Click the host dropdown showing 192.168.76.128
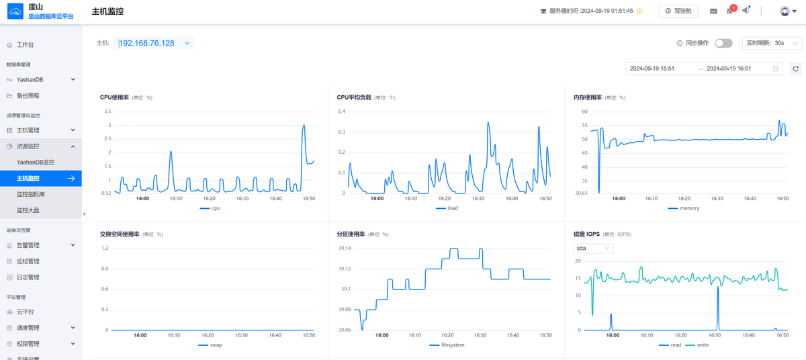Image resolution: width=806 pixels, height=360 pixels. (x=154, y=43)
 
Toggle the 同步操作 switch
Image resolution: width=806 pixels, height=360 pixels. (x=723, y=43)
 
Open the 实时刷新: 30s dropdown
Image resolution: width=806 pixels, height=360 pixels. (x=772, y=43)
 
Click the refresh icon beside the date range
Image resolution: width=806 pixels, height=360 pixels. (x=795, y=69)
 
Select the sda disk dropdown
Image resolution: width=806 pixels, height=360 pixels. (x=593, y=248)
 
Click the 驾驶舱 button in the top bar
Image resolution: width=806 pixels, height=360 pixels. (x=678, y=11)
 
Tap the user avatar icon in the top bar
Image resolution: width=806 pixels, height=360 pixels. (x=785, y=11)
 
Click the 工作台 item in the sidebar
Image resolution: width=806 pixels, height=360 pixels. (x=26, y=45)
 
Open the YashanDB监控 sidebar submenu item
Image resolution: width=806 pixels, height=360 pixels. (x=36, y=162)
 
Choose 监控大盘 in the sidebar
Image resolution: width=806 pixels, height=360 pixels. (x=28, y=210)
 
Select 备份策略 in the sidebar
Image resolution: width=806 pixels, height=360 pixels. (x=28, y=95)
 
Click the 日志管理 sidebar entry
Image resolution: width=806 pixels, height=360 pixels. (x=28, y=277)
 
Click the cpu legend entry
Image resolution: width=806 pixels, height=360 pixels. (x=210, y=208)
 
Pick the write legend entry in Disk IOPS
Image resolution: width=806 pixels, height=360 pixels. (x=697, y=345)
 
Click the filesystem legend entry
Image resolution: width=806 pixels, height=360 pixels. (x=447, y=345)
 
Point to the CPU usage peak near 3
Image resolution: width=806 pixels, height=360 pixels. (x=304, y=125)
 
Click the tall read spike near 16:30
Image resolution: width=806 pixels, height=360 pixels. (x=718, y=287)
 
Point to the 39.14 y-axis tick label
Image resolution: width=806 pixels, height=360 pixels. (x=345, y=248)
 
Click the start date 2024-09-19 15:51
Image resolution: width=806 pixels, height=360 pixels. (x=652, y=69)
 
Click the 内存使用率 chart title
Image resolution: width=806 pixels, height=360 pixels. (x=588, y=97)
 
